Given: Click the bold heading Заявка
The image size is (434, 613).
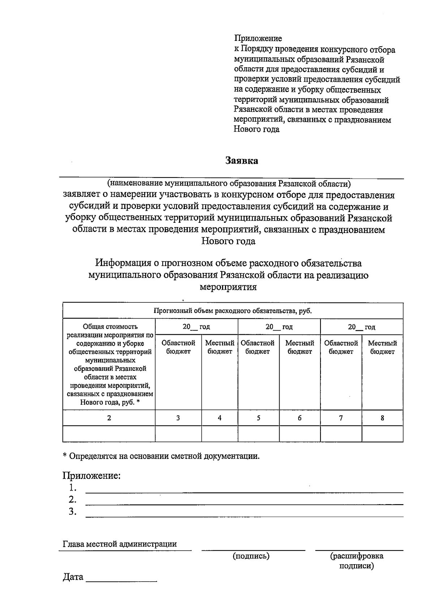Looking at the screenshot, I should click(x=242, y=161).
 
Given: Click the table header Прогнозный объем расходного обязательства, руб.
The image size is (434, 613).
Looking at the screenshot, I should click(x=233, y=311).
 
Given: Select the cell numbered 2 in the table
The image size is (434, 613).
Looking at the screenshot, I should click(x=109, y=418).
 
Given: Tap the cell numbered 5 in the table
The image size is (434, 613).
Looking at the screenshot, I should click(x=258, y=418).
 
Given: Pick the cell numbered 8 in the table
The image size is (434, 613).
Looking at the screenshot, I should click(x=382, y=418).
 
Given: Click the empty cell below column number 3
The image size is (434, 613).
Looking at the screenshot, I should click(x=178, y=434).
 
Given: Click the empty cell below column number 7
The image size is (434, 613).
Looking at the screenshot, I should click(x=341, y=434).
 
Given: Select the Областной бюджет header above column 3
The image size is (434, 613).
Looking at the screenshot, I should click(x=178, y=347).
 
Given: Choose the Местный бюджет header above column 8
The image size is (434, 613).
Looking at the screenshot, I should click(x=382, y=347).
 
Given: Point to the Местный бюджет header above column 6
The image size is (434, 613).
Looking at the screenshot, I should click(x=299, y=347).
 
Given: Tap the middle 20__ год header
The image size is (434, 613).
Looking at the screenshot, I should click(x=279, y=327).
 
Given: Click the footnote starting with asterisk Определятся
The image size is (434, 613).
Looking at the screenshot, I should click(x=161, y=456).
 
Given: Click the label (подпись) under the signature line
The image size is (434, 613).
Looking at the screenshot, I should click(x=251, y=556).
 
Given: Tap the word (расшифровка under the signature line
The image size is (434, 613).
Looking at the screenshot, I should click(x=357, y=556).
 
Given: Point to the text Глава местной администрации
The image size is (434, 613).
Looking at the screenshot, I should click(x=120, y=544).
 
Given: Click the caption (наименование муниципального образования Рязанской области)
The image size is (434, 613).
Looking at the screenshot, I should click(x=229, y=184).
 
